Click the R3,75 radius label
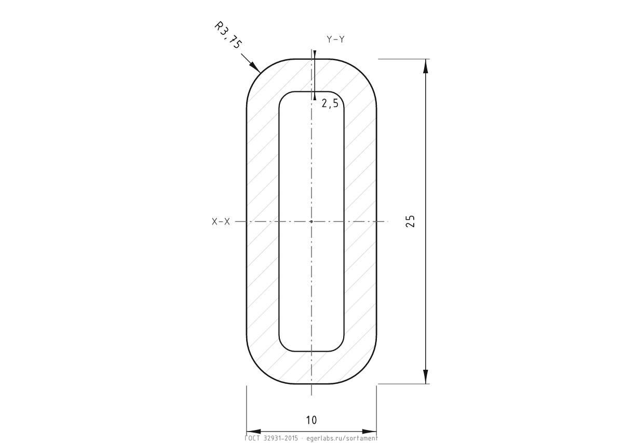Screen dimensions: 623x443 pos(228,35)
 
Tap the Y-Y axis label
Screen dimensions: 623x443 pos(336,39)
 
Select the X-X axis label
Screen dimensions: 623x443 pos(221,222)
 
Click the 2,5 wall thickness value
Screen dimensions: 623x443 pos(330,103)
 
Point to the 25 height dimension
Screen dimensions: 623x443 pos(410,221)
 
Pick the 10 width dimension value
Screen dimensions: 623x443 pos(311,420)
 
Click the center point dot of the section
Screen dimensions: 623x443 pos(311,221)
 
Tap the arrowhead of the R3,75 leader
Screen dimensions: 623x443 pos(254,67)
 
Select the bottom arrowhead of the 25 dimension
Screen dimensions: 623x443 pos(426,377)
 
